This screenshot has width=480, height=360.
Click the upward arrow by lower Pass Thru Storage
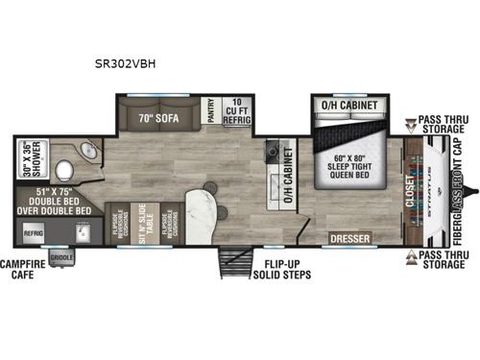tap(410, 256)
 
